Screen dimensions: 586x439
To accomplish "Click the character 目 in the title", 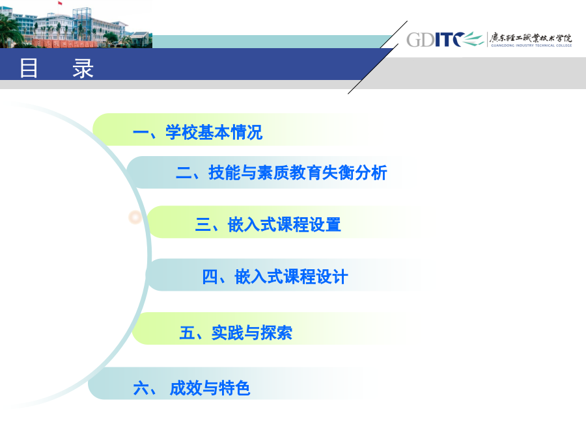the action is pyautogui.click(x=29, y=68).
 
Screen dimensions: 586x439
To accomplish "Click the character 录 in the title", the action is pyautogui.click(x=83, y=68).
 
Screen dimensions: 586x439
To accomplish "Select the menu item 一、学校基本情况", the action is pyautogui.click(x=198, y=132).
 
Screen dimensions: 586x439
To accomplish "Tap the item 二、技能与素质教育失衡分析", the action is pyautogui.click(x=281, y=172).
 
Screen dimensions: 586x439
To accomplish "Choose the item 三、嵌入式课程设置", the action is pyautogui.click(x=268, y=224).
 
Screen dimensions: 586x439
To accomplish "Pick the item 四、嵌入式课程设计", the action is pyautogui.click(x=275, y=276).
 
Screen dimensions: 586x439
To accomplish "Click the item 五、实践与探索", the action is pyautogui.click(x=236, y=332).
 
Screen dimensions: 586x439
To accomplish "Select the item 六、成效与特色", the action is pyautogui.click(x=191, y=388).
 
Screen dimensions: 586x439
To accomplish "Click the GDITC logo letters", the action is pyautogui.click(x=436, y=40).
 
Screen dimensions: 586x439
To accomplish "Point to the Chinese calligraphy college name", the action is pyautogui.click(x=531, y=38).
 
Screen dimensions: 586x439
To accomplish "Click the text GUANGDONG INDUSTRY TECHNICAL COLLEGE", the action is pyautogui.click(x=531, y=46).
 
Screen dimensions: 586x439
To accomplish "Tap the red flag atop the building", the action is pyautogui.click(x=60, y=3).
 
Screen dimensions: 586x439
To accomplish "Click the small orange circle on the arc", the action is pyautogui.click(x=135, y=217).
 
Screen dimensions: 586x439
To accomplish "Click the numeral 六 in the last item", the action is pyautogui.click(x=141, y=388).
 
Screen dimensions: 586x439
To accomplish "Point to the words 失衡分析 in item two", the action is pyautogui.click(x=354, y=172).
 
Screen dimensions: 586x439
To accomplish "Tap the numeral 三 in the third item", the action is pyautogui.click(x=203, y=225).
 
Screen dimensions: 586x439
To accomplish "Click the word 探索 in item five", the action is pyautogui.click(x=276, y=332).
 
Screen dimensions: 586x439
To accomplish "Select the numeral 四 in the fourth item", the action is pyautogui.click(x=210, y=277).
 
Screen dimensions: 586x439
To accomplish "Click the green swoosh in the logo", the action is pyautogui.click(x=473, y=39).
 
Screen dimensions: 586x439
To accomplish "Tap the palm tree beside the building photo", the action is pyautogui.click(x=10, y=31).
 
